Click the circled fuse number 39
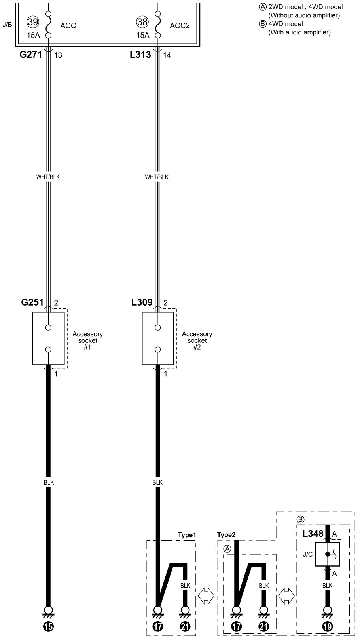coord(32,22)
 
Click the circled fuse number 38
coord(142,22)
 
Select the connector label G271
coord(31,55)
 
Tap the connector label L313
coord(140,55)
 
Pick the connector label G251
coord(32,303)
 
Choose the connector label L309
coord(142,303)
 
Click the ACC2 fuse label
coord(180,26)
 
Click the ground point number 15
coord(48,626)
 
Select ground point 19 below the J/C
coord(327,626)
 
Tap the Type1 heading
coord(187,535)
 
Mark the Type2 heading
coord(226,535)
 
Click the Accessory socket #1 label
coord(87,340)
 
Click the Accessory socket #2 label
coord(197,340)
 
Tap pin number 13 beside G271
coord(58,55)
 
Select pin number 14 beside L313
coord(167,55)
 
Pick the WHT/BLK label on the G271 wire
coord(48,177)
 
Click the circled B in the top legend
coord(261,24)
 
